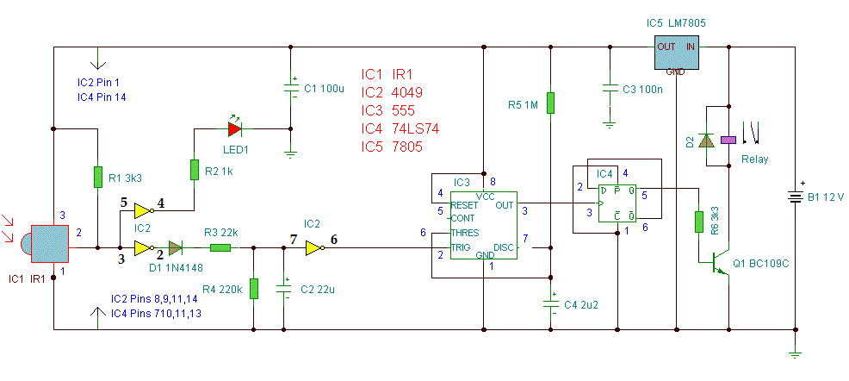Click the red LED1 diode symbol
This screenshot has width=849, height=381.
click(234, 128)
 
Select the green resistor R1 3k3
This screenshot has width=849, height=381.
click(97, 177)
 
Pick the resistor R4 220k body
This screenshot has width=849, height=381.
click(254, 288)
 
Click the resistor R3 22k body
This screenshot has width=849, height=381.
click(221, 248)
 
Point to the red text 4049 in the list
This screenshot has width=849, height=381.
click(407, 92)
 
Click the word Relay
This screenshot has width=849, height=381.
click(754, 159)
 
